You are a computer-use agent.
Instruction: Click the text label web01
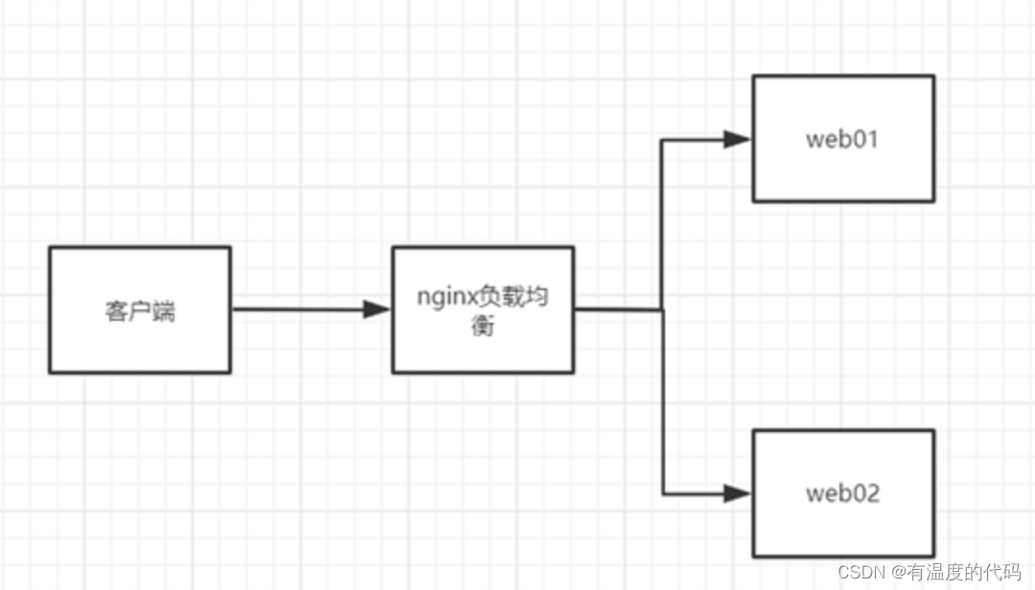[842, 139]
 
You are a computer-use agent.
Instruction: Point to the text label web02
[843, 493]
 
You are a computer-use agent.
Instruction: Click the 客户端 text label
[140, 311]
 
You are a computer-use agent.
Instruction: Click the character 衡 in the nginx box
[482, 326]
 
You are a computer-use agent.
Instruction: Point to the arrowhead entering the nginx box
[377, 308]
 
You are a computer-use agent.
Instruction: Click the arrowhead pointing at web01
[737, 139]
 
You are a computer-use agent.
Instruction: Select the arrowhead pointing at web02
[737, 493]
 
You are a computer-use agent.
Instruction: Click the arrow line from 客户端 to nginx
[310, 308]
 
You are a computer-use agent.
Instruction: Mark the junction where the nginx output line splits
[662, 308]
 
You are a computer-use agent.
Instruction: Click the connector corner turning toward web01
[662, 140]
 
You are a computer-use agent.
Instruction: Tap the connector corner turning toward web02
[663, 493]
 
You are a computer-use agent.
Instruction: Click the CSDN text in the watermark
[861, 572]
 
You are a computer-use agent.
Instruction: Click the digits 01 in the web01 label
[865, 139]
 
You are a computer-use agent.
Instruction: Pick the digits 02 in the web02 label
[866, 493]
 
